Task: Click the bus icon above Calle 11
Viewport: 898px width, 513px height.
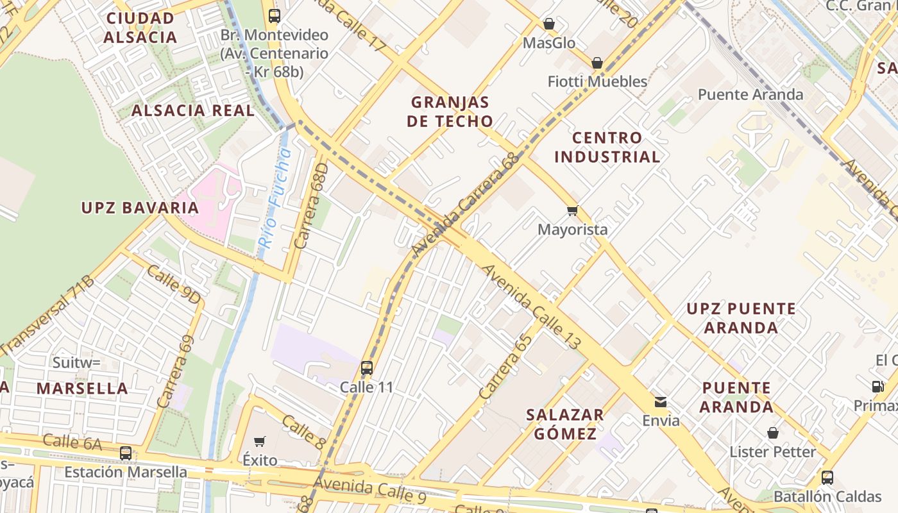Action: (366, 368)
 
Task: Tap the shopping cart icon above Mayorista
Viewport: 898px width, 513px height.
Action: (572, 210)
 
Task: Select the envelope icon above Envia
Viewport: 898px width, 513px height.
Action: (660, 402)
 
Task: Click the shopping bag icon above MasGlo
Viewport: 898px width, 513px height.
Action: (549, 24)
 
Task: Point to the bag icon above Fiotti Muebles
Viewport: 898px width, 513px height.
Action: (597, 62)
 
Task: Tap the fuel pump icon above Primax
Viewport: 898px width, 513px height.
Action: (877, 386)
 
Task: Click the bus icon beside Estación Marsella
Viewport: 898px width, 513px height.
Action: (126, 453)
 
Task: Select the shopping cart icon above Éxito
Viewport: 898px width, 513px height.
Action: (260, 441)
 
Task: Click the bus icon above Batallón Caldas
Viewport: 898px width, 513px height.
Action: (827, 478)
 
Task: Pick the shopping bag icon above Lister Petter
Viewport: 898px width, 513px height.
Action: (773, 433)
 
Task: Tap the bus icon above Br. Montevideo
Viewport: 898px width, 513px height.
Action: (274, 15)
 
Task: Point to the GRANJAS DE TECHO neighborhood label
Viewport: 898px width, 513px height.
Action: (450, 112)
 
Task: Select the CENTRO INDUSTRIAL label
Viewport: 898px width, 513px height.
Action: (607, 147)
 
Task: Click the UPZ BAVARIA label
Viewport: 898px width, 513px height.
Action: (140, 208)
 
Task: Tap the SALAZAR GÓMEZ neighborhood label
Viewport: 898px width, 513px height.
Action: (565, 424)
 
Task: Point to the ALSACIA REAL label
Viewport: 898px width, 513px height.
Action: (193, 110)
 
